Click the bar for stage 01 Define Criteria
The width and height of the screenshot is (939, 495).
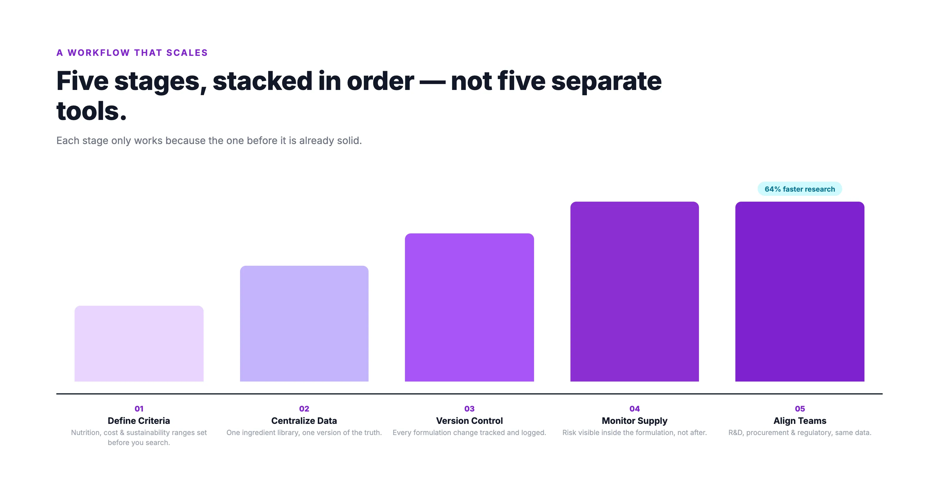(x=139, y=344)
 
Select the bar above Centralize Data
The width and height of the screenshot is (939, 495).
(x=304, y=323)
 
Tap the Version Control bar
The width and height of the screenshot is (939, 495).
(x=469, y=307)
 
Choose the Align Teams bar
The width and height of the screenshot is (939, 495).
(x=800, y=291)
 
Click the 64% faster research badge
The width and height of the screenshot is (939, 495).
(x=800, y=189)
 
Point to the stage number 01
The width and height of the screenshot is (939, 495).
(x=139, y=409)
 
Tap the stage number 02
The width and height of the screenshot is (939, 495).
(x=304, y=409)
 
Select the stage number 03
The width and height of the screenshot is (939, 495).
(x=469, y=409)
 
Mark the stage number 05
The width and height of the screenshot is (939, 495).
(x=800, y=409)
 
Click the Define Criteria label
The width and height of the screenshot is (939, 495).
(x=139, y=421)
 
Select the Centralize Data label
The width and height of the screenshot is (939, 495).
(x=304, y=421)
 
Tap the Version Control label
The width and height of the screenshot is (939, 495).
(x=469, y=421)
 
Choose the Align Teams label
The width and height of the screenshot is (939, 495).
(x=800, y=421)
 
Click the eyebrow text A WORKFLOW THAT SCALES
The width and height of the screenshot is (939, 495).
(x=132, y=53)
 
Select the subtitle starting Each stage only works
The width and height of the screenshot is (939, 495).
(x=209, y=141)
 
